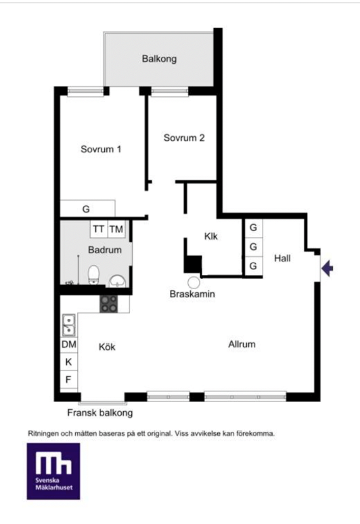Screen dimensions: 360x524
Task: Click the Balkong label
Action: (159, 59)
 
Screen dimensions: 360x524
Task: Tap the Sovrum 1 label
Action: (101, 149)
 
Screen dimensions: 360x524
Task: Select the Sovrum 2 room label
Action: (184, 137)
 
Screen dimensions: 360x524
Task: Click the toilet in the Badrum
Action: (93, 275)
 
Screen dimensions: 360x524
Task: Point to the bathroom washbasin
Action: (117, 281)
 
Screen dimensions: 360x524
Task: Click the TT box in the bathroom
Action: (99, 230)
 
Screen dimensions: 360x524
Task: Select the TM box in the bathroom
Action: (116, 230)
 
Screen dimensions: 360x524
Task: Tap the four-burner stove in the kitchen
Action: (109, 304)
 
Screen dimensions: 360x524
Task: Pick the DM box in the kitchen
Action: (69, 345)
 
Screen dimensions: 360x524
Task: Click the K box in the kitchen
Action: (69, 362)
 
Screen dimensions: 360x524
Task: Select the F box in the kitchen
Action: (69, 380)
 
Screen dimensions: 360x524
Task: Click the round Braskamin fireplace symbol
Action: (194, 283)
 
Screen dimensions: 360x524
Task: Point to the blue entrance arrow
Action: (328, 268)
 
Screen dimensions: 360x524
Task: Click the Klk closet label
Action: (210, 236)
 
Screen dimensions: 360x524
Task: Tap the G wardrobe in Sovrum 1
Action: (87, 209)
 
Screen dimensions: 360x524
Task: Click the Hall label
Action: (282, 258)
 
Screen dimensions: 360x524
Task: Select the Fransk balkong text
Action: (100, 413)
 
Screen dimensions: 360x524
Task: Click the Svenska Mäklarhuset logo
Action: (53, 471)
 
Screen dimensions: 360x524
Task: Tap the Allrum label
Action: (242, 344)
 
